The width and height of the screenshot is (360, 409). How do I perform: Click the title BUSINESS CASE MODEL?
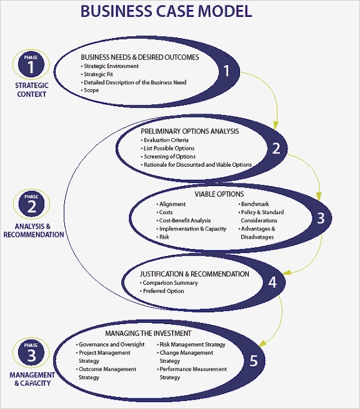(167, 11)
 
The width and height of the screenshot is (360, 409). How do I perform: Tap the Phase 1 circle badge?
(31, 65)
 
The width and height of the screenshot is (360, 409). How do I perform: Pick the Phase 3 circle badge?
(31, 353)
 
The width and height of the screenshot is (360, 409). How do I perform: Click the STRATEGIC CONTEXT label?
(31, 90)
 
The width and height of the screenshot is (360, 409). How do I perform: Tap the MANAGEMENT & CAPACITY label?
(32, 379)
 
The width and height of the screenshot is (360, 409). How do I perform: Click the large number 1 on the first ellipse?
(227, 71)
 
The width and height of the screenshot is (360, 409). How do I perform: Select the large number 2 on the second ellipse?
(276, 149)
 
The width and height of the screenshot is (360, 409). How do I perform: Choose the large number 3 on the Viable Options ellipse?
(321, 219)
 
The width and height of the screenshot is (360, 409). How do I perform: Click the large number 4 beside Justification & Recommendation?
(272, 282)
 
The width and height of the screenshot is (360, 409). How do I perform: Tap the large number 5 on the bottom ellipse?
(253, 360)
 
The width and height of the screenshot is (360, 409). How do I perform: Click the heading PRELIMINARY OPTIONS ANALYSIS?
(190, 131)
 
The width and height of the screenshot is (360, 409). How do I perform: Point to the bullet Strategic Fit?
(98, 74)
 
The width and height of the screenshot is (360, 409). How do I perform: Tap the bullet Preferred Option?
(163, 291)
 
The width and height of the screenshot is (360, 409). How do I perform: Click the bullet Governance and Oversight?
(111, 345)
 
